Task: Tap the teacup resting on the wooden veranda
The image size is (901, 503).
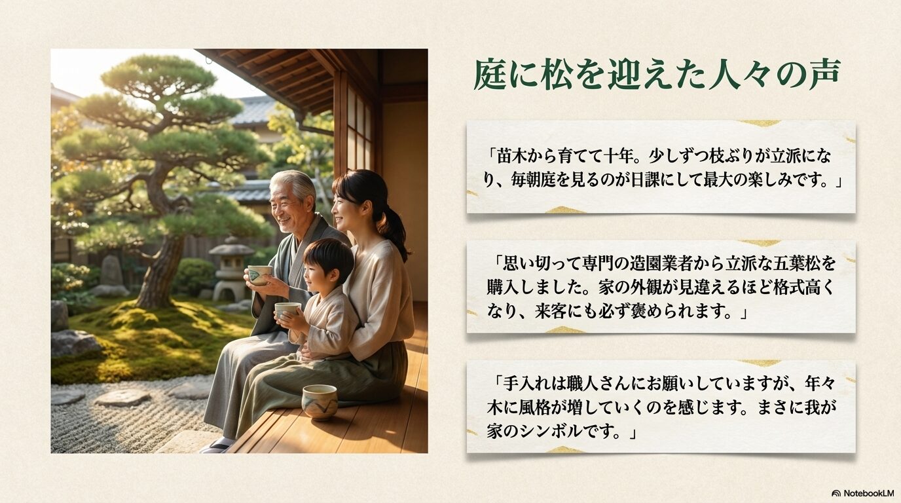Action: (320, 401)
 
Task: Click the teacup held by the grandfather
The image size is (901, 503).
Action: (259, 274)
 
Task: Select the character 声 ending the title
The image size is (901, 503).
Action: (822, 75)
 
